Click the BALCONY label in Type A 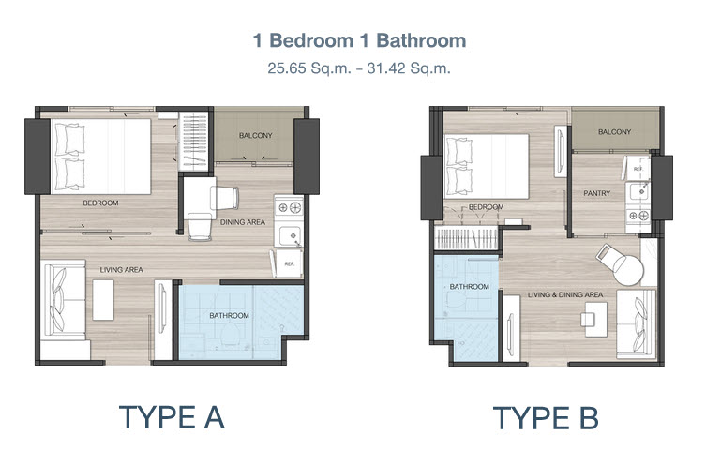[256, 136]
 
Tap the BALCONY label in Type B [614, 132]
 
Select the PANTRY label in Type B [597, 193]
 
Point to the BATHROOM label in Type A [229, 316]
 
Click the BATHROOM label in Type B [469, 287]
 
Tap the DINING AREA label [243, 222]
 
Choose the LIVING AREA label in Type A [121, 270]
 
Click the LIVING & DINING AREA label [565, 294]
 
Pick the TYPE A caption [172, 417]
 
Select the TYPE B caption [546, 418]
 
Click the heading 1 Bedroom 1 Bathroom [360, 40]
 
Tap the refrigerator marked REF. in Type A [288, 263]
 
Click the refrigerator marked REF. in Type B [638, 168]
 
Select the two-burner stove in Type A [289, 207]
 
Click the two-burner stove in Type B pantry [638, 215]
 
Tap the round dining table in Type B [627, 271]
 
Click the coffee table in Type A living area [103, 300]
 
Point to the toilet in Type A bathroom [229, 335]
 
